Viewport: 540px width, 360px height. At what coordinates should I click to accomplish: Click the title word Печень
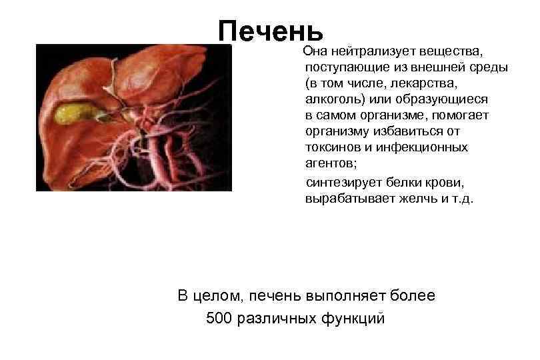pos(271,30)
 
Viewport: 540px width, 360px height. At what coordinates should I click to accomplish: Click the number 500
pos(219,318)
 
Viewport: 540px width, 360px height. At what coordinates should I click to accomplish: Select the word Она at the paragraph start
pos(315,51)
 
